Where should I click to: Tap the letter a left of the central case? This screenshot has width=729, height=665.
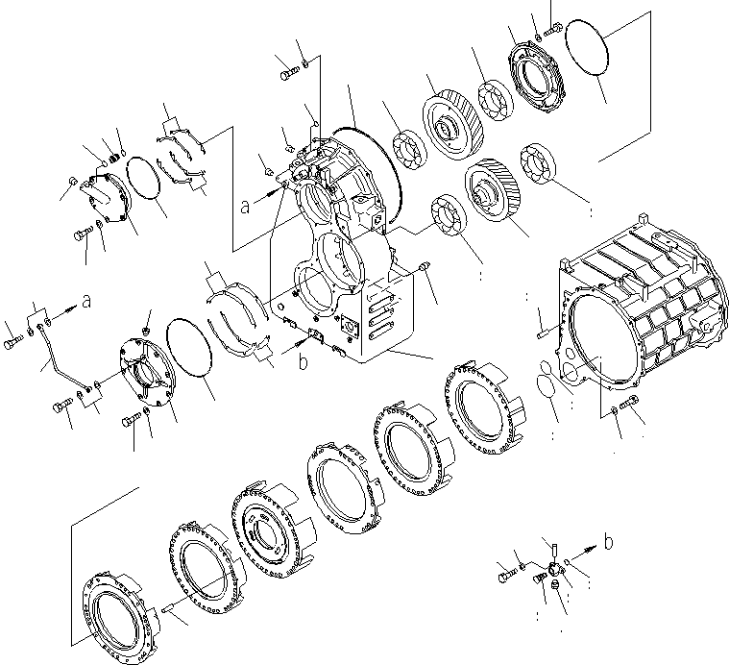pos(246,204)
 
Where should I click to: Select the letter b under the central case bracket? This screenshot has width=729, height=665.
pos(303,362)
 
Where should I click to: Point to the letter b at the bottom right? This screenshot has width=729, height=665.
pos(608,543)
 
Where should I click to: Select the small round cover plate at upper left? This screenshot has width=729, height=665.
pos(103,200)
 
